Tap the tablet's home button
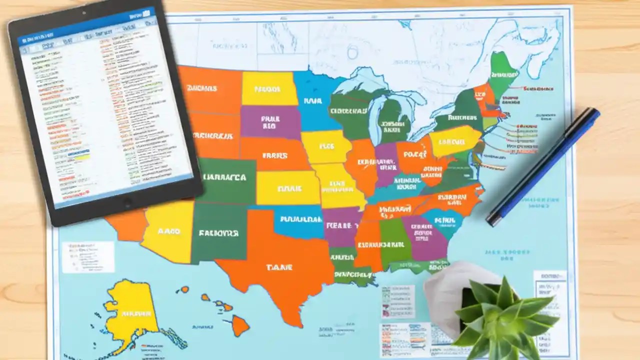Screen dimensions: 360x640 [x=127, y=202]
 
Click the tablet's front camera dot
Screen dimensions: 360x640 [x=83, y=12]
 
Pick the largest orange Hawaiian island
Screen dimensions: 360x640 [x=240, y=326]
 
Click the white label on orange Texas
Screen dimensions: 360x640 [x=279, y=268]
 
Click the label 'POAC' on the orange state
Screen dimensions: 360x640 [x=414, y=154]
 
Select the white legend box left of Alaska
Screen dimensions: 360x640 [x=87, y=256]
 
